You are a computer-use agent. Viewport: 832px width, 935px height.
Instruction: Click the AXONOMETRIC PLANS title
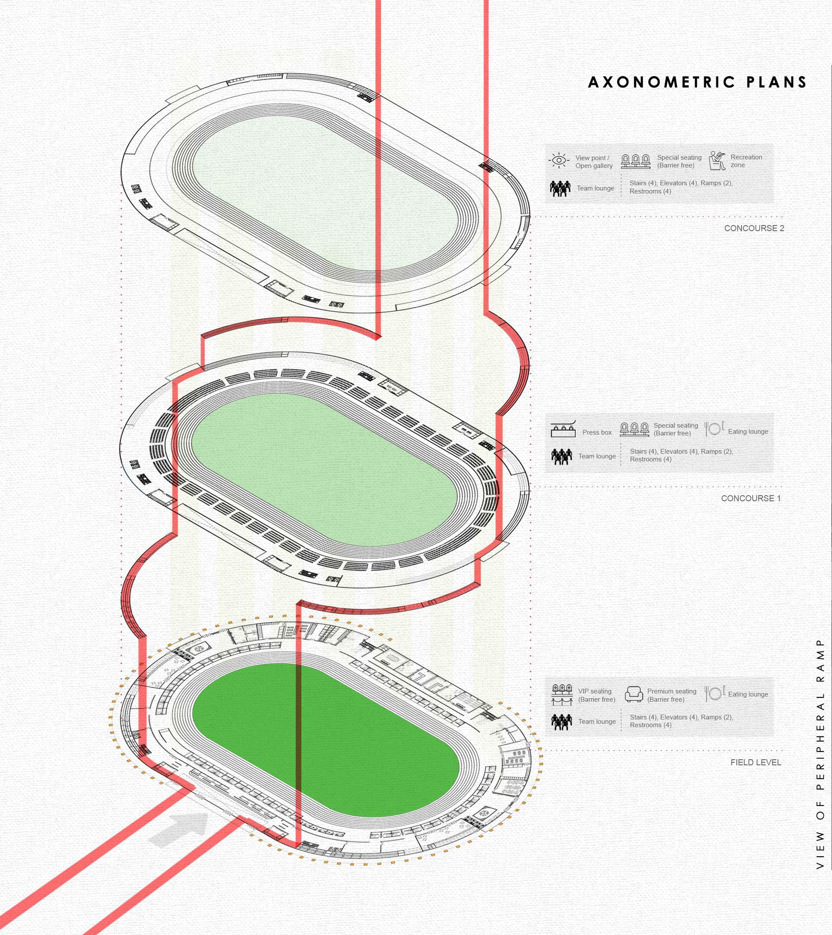pyautogui.click(x=697, y=82)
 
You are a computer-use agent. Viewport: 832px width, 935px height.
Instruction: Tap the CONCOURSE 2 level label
pyautogui.click(x=754, y=228)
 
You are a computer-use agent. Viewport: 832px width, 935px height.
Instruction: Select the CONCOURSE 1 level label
pyautogui.click(x=751, y=498)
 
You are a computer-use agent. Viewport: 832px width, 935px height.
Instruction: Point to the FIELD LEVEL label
pyautogui.click(x=756, y=763)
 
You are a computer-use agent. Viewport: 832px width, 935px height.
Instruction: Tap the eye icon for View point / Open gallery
pyautogui.click(x=559, y=161)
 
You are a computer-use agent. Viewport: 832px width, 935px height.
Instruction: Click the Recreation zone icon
pyautogui.click(x=717, y=161)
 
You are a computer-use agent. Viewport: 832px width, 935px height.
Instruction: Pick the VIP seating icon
pyautogui.click(x=562, y=694)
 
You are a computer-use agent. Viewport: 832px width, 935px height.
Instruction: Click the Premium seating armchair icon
pyautogui.click(x=634, y=694)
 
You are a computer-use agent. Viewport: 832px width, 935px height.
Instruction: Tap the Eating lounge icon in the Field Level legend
pyautogui.click(x=714, y=693)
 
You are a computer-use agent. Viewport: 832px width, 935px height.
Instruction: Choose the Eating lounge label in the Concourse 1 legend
pyautogui.click(x=748, y=432)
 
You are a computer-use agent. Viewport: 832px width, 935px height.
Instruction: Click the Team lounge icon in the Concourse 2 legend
pyautogui.click(x=560, y=188)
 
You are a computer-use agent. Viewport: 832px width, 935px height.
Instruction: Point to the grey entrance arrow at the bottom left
pyautogui.click(x=178, y=829)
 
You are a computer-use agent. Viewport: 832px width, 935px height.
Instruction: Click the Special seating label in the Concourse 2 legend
pyautogui.click(x=679, y=161)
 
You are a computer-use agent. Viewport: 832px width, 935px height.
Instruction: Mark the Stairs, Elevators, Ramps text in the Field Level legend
pyautogui.click(x=681, y=721)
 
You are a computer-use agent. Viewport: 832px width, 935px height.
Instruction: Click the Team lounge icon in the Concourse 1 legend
pyautogui.click(x=562, y=456)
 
